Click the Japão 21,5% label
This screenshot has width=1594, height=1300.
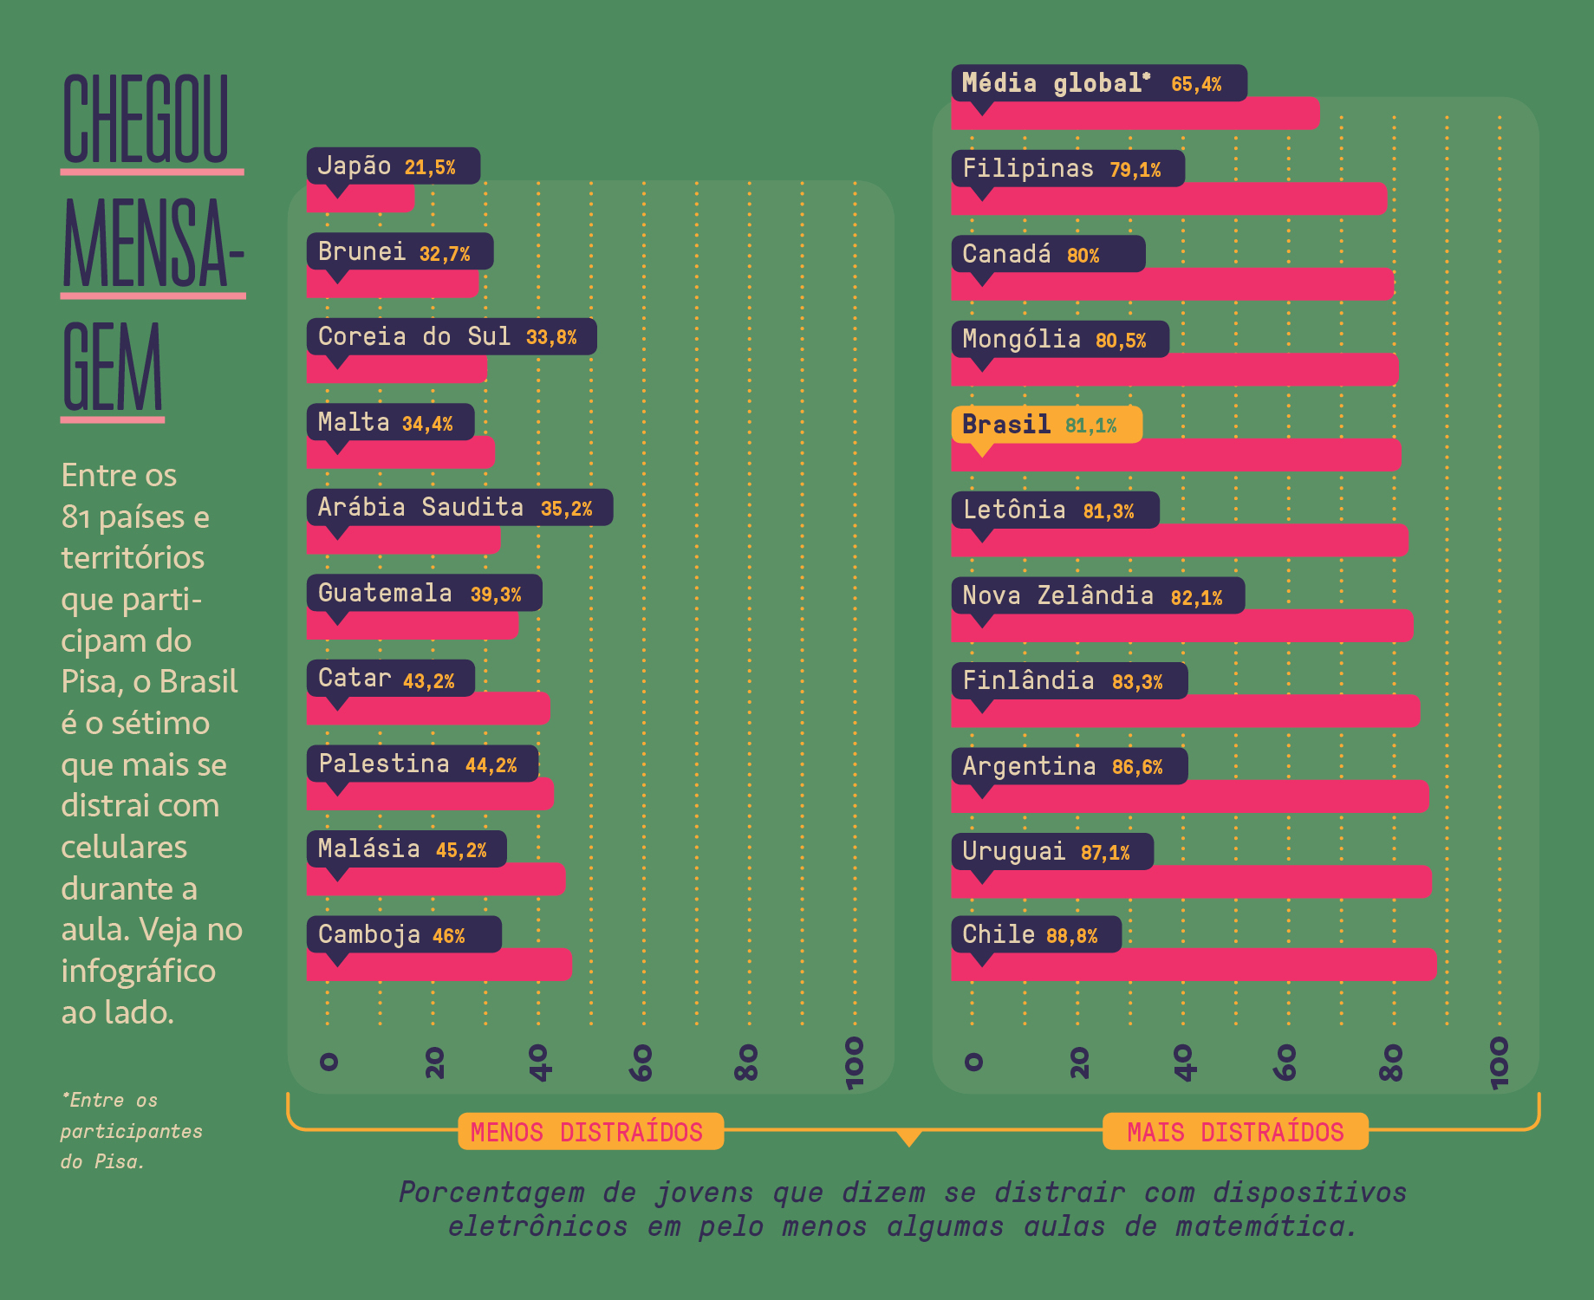pos(393,166)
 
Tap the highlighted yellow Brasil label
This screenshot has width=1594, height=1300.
pos(1045,425)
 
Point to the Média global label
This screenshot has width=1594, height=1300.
pos(1098,83)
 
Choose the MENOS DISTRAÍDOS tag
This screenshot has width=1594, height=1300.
pos(590,1132)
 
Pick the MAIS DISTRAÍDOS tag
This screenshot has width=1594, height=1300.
pos(1234,1132)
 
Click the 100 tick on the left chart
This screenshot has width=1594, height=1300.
pos(855,1062)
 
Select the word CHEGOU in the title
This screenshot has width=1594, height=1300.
pos(146,120)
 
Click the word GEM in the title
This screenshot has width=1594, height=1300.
pos(113,367)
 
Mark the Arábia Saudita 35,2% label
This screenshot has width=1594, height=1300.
pos(459,507)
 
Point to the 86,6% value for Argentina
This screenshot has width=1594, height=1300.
pos(1137,767)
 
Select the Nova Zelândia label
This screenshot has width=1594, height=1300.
pos(1096,596)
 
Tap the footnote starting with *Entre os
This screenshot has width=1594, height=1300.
pos(130,1130)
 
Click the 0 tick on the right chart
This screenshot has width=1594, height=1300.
pos(973,1062)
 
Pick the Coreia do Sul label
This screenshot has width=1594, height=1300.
pos(451,336)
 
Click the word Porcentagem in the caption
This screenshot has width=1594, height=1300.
pos(491,1193)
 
